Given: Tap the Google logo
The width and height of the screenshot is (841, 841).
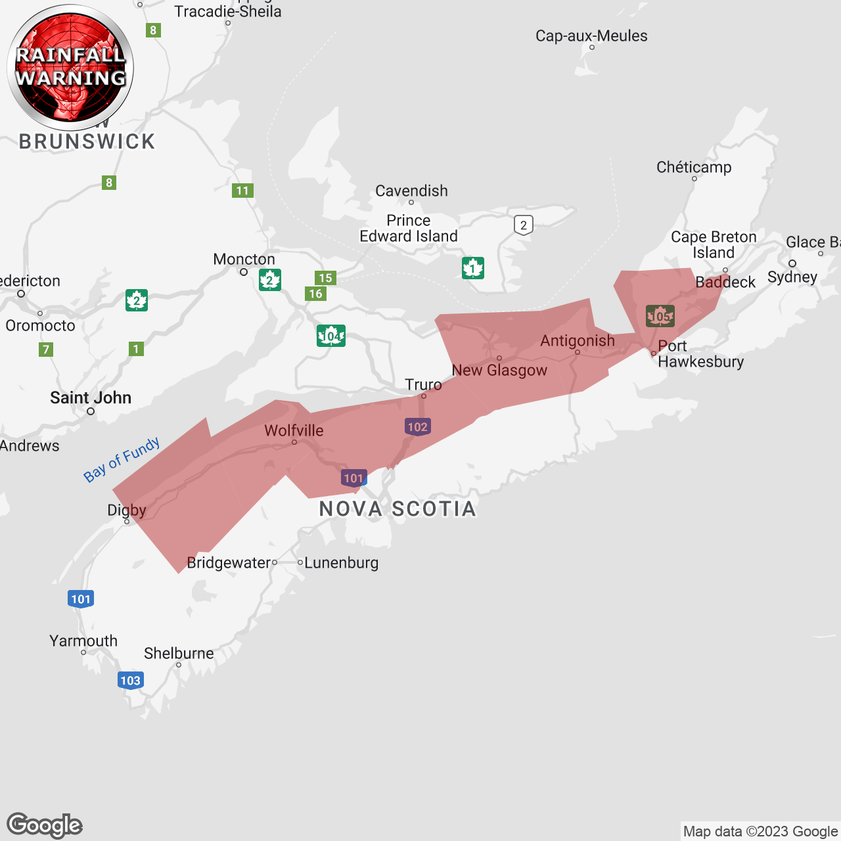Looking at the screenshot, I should (x=45, y=825).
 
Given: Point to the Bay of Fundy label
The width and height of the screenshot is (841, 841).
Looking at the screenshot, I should (x=122, y=459).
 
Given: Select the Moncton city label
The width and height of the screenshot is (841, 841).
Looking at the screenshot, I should (x=244, y=260).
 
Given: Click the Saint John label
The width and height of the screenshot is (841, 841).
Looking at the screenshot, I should (x=91, y=398).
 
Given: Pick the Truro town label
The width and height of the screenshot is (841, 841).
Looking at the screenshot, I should (x=423, y=384).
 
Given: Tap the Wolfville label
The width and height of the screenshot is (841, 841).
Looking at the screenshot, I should (x=294, y=430).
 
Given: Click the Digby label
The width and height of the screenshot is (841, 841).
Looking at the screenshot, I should (x=127, y=510).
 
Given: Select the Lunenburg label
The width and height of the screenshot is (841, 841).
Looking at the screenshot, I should (x=341, y=562).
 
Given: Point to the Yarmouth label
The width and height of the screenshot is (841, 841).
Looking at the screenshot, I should (x=83, y=641).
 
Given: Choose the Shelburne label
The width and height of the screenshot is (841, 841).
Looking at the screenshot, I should (x=179, y=653).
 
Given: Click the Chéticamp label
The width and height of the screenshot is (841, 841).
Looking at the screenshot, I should (x=694, y=167).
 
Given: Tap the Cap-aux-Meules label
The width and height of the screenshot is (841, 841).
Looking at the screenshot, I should (x=591, y=35).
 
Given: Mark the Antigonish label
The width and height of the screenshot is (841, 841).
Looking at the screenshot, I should (x=578, y=340).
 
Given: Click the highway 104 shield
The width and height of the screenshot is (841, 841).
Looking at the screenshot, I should (x=331, y=336).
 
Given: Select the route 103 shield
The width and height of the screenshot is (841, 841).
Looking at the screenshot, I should (x=131, y=680).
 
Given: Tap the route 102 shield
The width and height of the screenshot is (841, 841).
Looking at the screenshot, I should (x=418, y=426).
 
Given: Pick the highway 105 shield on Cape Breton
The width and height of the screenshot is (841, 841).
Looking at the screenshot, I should (x=660, y=316).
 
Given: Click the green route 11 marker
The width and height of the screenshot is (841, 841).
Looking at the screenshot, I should (x=242, y=191).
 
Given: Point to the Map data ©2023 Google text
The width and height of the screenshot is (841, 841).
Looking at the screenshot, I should (x=760, y=831).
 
